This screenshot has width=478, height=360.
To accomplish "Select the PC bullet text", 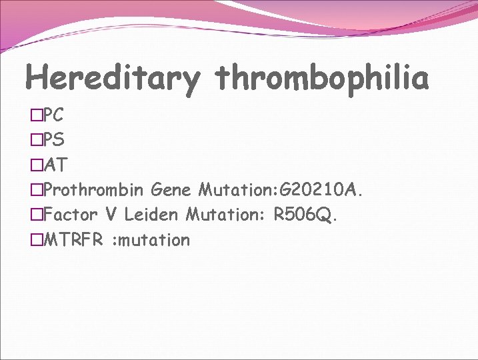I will [x=53, y=115].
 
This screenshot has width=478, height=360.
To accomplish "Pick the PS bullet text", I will [x=53, y=140].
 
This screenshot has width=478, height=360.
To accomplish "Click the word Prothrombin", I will [x=94, y=190].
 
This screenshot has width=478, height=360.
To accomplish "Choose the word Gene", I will [x=171, y=190].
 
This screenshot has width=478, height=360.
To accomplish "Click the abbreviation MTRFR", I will [x=73, y=239].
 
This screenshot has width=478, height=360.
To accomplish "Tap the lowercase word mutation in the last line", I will [x=153, y=239].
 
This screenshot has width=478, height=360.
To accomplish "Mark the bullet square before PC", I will [x=36, y=116].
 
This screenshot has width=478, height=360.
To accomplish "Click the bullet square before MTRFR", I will [x=36, y=240].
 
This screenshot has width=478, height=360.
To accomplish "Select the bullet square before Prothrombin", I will [x=36, y=191].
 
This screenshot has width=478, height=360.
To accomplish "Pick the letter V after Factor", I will [x=111, y=215].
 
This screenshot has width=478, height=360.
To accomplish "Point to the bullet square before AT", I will [x=36, y=165].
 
